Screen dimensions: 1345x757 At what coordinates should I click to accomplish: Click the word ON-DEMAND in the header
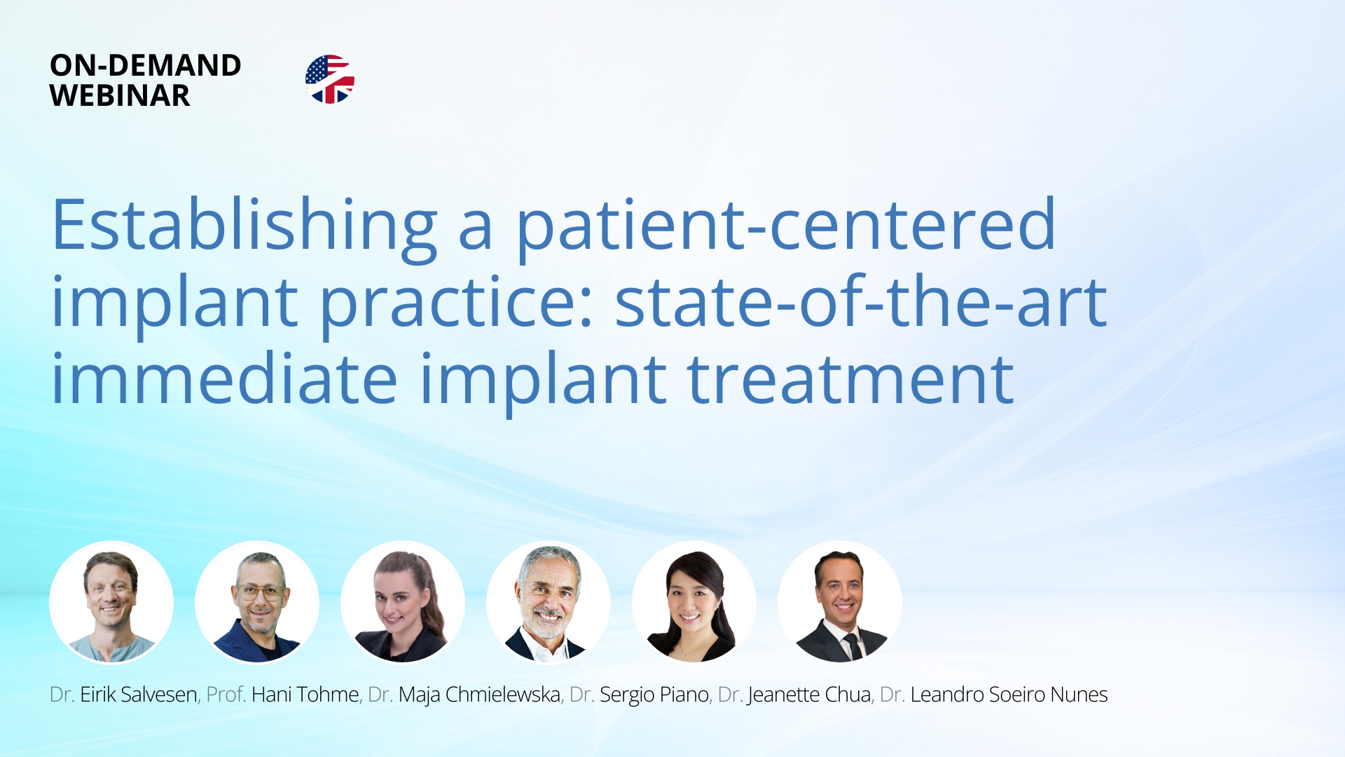click(x=146, y=65)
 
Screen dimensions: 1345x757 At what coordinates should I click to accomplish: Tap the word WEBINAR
click(x=120, y=95)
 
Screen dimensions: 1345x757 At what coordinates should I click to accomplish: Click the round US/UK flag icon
click(x=330, y=79)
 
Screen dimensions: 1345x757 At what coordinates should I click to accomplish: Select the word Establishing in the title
click(x=244, y=226)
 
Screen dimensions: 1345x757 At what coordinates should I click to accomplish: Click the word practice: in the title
click(x=457, y=303)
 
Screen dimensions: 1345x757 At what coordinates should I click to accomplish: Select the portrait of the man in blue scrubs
click(x=111, y=603)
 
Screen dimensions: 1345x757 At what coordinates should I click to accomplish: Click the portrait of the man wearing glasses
click(x=257, y=603)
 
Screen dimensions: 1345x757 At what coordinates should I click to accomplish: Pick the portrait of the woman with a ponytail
click(x=403, y=603)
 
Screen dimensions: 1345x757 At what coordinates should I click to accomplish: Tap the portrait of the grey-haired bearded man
click(x=549, y=603)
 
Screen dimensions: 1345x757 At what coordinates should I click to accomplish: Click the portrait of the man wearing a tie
click(x=840, y=603)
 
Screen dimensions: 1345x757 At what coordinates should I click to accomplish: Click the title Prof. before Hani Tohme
click(x=226, y=695)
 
